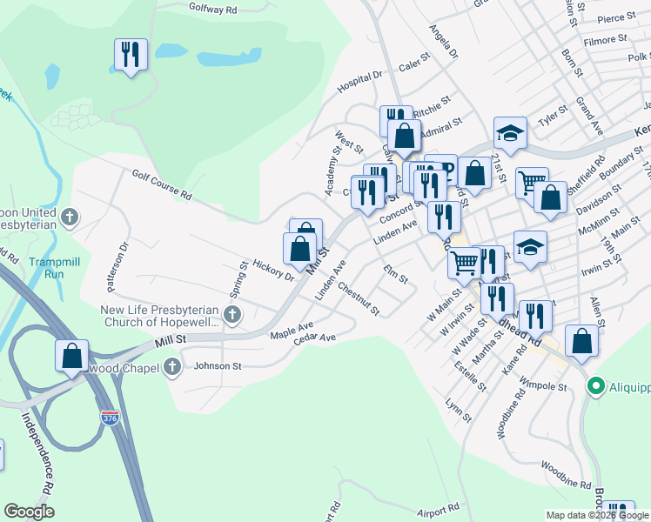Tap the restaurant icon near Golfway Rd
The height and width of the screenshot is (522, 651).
pyautogui.click(x=131, y=55)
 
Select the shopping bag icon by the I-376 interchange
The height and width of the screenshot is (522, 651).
pyautogui.click(x=71, y=356)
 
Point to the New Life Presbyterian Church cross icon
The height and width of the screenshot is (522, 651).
pyautogui.click(x=232, y=314)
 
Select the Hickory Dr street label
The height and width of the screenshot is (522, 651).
pyautogui.click(x=274, y=270)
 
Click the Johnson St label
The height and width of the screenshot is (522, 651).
pyautogui.click(x=218, y=366)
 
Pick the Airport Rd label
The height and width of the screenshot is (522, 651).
pyautogui.click(x=438, y=510)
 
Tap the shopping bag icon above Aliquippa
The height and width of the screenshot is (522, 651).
pyautogui.click(x=581, y=342)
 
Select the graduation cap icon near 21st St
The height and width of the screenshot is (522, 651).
pyautogui.click(x=510, y=133)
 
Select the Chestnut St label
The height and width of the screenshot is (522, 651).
pyautogui.click(x=359, y=299)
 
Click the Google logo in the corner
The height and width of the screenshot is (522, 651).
pyautogui.click(x=29, y=512)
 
